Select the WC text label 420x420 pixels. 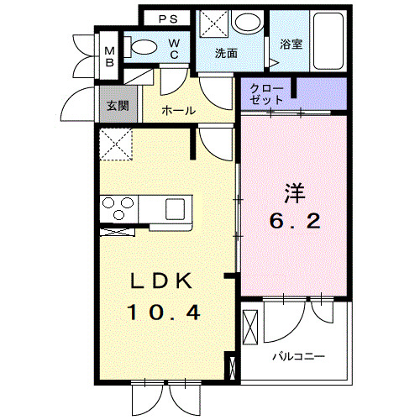point(173,49)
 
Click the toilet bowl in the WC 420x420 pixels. point(145,47)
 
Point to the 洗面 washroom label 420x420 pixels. point(226,53)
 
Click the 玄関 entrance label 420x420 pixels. point(116,107)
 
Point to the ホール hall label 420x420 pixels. point(178,110)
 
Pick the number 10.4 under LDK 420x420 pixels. point(165,312)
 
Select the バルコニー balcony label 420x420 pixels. point(297,356)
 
